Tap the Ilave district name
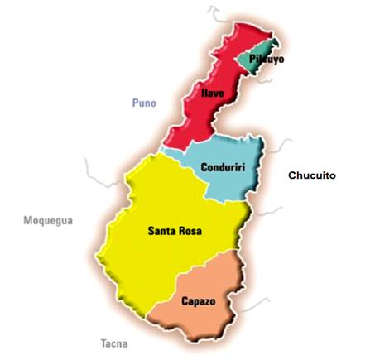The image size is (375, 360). (214, 94)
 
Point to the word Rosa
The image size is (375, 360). (190, 231)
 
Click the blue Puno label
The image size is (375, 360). (144, 103)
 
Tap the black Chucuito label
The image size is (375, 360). (312, 175)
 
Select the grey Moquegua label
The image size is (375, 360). (48, 221)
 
